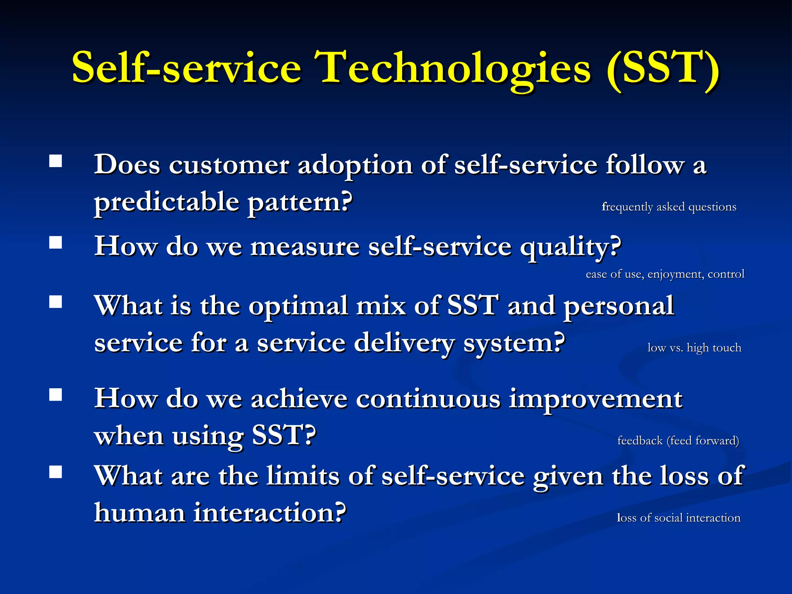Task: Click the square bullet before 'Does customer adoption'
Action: coord(56,161)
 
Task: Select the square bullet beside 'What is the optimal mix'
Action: coord(56,302)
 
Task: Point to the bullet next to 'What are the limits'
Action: coord(56,472)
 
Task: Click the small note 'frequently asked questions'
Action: coord(669,207)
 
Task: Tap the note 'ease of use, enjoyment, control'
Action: coord(665,274)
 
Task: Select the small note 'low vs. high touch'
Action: coord(694,348)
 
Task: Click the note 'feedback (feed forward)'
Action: coord(678,440)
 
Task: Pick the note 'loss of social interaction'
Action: coord(678,517)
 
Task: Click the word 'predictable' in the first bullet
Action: coord(167,202)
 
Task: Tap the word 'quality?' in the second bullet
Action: coord(570,247)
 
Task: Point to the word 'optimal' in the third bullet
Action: coord(298,306)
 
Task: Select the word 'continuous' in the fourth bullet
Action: coord(428,399)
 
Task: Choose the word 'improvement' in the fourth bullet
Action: coord(596,399)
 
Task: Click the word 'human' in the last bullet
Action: coord(140,513)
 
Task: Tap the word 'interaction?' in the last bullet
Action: coord(270,513)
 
